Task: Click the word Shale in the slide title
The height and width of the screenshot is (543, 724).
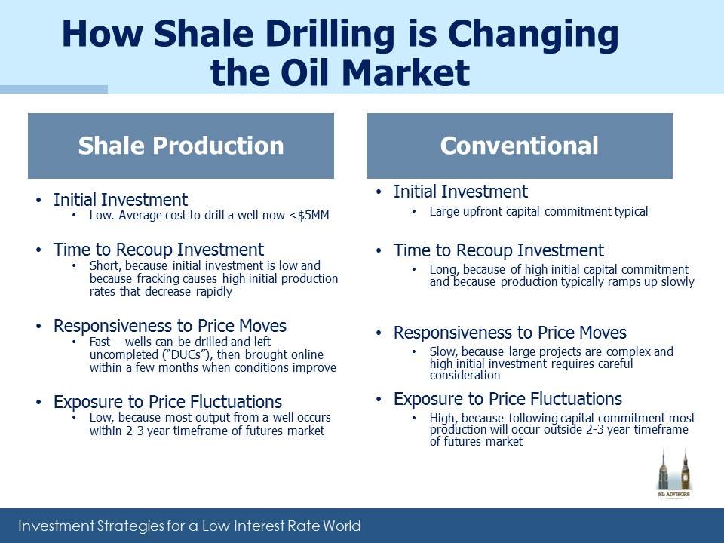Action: click(x=204, y=34)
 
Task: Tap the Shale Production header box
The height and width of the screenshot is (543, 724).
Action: click(x=181, y=146)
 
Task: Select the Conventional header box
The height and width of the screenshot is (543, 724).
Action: click(x=520, y=146)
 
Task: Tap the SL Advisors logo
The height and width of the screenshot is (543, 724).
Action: click(x=674, y=474)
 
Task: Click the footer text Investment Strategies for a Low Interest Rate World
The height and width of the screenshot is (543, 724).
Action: click(x=189, y=526)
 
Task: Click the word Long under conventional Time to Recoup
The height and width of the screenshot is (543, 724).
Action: click(x=443, y=270)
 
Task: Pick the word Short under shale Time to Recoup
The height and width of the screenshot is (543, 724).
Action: click(x=104, y=266)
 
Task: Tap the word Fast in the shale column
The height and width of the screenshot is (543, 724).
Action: click(x=100, y=342)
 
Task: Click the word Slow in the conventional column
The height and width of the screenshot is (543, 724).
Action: click(x=443, y=352)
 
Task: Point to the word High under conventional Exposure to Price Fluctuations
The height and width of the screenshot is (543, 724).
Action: click(x=443, y=419)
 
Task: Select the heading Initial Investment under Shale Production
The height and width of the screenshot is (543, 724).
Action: click(x=121, y=200)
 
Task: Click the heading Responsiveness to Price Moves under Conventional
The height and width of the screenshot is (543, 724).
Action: click(x=510, y=333)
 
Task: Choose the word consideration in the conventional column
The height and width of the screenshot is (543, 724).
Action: click(x=465, y=376)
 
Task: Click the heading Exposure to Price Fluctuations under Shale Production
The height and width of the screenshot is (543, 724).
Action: click(x=167, y=402)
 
